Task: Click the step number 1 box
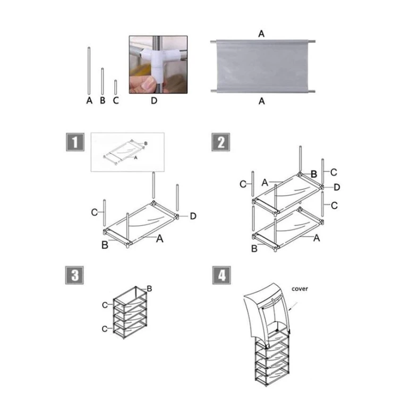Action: pos(75,142)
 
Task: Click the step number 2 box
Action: pos(221,142)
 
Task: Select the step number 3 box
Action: pos(74,275)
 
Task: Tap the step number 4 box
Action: pos(221,275)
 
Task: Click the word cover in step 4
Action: pos(300,289)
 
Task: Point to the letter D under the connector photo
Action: pos(154,100)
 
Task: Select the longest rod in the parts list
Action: pos(89,71)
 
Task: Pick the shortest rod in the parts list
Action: pos(116,87)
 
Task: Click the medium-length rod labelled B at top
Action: pos(102,81)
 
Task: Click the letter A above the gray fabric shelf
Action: pos(261,33)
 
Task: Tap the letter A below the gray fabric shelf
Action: pos(261,101)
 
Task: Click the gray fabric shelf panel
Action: pos(262,66)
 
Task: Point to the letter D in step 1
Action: pos(193,216)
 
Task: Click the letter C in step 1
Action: pos(94,212)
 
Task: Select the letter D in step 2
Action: pos(337,187)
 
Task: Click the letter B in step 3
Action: pos(149,289)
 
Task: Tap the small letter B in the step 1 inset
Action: pos(146,143)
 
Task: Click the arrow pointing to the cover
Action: pos(293,306)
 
